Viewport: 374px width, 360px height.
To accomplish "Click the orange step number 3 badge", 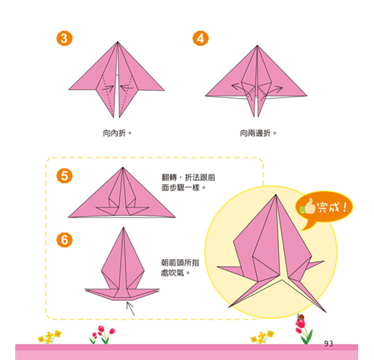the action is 64,38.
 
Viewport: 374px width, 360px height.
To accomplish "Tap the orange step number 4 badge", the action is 201,38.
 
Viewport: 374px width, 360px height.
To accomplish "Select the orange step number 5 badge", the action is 64,176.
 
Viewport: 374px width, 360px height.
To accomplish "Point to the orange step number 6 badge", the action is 64,240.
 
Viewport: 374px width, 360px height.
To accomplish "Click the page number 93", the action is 329,343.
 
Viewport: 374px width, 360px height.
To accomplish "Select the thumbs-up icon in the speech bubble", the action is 307,207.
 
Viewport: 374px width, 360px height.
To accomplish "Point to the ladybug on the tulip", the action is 301,317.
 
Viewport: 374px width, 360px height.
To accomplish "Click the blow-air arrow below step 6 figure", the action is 130,309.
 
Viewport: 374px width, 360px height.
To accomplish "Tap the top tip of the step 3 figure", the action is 117,42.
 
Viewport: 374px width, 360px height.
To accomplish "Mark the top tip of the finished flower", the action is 275,194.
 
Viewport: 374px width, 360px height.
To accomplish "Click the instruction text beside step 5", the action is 188,182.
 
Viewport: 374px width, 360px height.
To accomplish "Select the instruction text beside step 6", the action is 180,268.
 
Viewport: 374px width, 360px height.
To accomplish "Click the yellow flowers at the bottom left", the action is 50,337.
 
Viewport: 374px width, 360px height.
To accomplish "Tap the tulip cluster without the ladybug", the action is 103,335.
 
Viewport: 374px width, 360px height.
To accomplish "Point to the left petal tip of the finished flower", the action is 217,266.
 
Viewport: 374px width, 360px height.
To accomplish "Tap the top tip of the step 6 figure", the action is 123,228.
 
